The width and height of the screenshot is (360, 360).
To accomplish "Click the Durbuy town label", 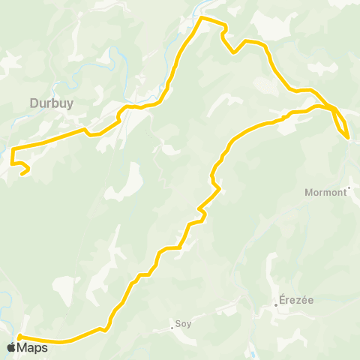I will [x=51, y=104].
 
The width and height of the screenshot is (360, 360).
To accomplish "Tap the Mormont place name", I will [x=325, y=192].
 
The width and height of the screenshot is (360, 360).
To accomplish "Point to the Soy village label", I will [x=183, y=325].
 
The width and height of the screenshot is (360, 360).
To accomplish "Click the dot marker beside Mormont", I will [x=349, y=188].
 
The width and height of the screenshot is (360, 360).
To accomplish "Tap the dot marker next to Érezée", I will [x=276, y=304].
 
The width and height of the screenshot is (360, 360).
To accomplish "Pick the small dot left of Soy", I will [x=172, y=328].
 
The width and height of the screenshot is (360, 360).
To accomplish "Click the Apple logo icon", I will [x=11, y=347].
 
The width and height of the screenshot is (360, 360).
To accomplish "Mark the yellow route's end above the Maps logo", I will [x=17, y=337].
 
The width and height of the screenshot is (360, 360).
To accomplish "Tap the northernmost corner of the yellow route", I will [x=200, y=18].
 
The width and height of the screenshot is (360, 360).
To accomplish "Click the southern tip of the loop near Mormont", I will [x=347, y=137].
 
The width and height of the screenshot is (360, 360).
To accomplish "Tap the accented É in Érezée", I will [x=282, y=298].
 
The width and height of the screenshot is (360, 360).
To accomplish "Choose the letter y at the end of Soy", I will [x=189, y=325].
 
